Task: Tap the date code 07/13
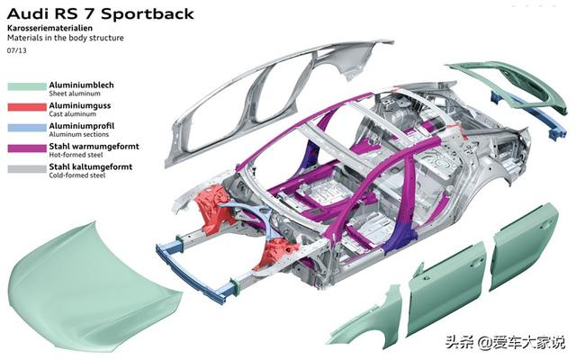[x=16, y=50]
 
